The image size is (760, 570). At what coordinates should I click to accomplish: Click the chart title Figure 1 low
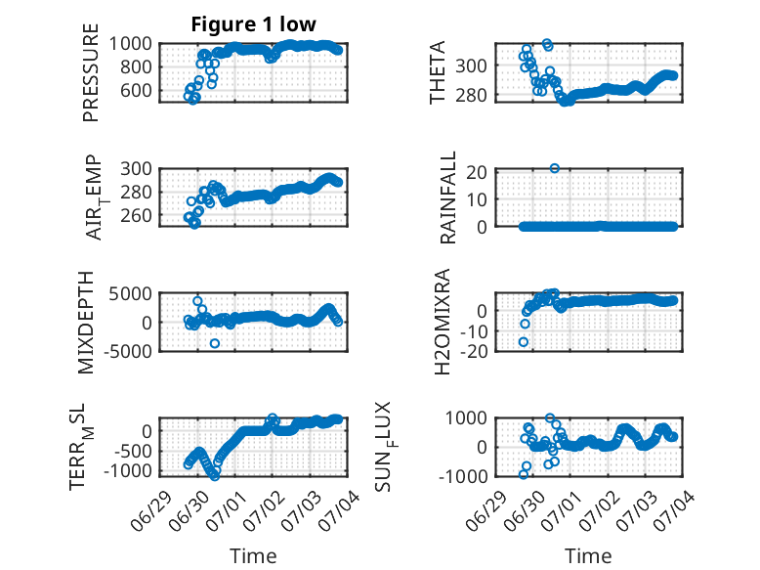coord(253,24)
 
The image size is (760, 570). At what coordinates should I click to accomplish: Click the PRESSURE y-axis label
coord(91,72)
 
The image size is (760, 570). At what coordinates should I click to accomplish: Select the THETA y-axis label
coord(438,72)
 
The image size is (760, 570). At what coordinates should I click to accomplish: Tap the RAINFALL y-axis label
coord(447,197)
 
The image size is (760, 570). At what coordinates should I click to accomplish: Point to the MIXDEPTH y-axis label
coord(86,323)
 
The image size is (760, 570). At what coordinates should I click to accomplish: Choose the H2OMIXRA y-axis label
coord(443,322)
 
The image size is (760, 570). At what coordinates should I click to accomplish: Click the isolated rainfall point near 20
coord(555,168)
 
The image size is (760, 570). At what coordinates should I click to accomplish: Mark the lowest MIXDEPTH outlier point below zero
coord(215,343)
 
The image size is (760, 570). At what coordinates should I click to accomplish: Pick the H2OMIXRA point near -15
coord(524,342)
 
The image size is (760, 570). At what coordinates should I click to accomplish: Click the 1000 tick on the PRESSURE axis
coord(130,44)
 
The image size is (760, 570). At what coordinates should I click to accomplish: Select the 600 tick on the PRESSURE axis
coord(136,90)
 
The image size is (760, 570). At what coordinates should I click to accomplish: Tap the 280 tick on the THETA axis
coord(471,95)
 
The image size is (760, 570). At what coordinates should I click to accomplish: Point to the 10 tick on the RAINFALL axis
coord(477,198)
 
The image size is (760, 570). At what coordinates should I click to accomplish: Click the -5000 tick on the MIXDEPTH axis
coord(127,351)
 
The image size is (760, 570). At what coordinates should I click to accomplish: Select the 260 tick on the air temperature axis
coord(136,215)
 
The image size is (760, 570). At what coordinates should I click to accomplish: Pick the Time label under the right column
coord(588,556)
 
